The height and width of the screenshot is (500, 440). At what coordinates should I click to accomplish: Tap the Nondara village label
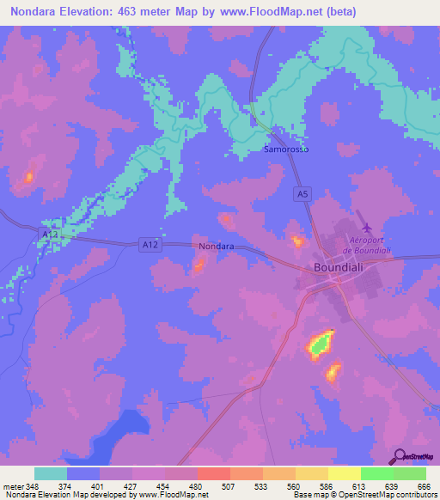click(217, 247)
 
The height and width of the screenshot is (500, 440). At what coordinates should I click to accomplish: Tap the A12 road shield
click(150, 246)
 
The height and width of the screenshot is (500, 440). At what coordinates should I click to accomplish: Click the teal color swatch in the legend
click(51, 473)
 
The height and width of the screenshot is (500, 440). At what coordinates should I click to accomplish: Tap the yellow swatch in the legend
click(344, 473)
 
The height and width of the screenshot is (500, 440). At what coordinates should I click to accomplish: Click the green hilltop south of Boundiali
click(320, 345)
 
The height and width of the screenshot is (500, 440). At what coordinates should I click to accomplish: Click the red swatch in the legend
click(213, 473)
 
